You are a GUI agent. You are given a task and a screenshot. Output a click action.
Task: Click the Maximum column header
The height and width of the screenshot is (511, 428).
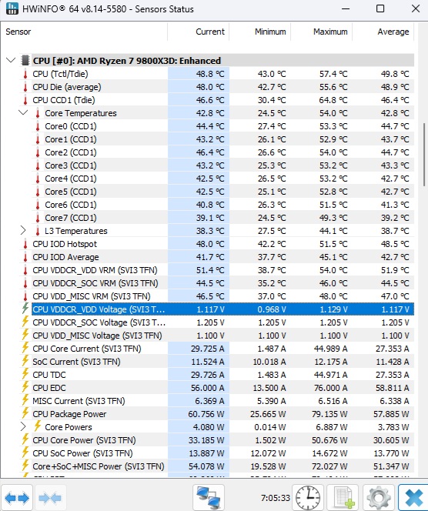pyautogui.click(x=330, y=32)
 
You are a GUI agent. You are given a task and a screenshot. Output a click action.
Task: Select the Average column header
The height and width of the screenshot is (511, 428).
pyautogui.click(x=393, y=32)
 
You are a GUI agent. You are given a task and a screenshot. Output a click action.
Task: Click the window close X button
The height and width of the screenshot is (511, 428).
pyautogui.click(x=416, y=8)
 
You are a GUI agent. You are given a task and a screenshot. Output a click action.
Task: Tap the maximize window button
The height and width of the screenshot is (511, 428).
pyautogui.click(x=380, y=8)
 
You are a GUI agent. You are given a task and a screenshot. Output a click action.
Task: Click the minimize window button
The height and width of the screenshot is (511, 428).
pyautogui.click(x=346, y=8)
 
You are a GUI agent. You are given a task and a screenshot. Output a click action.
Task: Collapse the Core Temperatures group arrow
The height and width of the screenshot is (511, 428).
pyautogui.click(x=23, y=113)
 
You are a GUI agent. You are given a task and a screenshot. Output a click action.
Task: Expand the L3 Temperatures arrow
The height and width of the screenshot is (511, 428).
pyautogui.click(x=23, y=230)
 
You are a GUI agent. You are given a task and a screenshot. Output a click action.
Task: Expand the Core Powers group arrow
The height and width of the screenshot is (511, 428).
pyautogui.click(x=23, y=426)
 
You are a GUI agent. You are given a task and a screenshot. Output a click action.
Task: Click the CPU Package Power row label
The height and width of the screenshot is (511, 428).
pyautogui.click(x=69, y=414)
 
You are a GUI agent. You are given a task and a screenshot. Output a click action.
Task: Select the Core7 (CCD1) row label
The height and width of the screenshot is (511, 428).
pyautogui.click(x=71, y=218)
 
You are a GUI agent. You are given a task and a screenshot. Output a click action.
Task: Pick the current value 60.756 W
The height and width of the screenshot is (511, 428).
pyautogui.click(x=206, y=414)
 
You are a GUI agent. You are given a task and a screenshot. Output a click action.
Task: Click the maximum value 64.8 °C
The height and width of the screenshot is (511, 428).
pyautogui.click(x=333, y=100)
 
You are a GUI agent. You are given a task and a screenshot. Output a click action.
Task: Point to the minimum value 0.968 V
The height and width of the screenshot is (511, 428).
pyautogui.click(x=272, y=309)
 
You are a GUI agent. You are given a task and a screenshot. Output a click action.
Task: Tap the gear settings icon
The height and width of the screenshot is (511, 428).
pyautogui.click(x=379, y=498)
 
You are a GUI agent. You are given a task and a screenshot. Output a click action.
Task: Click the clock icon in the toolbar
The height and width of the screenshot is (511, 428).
pyautogui.click(x=308, y=498)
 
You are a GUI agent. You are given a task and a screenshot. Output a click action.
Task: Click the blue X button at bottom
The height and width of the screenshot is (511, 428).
pyautogui.click(x=414, y=498)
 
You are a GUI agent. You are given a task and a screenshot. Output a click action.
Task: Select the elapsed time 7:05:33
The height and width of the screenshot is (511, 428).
pyautogui.click(x=275, y=498)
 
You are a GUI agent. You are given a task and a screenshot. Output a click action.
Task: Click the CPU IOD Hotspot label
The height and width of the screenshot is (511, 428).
pyautogui.click(x=65, y=244)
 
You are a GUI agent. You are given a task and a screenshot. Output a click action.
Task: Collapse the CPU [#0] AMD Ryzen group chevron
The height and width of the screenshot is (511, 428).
pyautogui.click(x=11, y=60)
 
